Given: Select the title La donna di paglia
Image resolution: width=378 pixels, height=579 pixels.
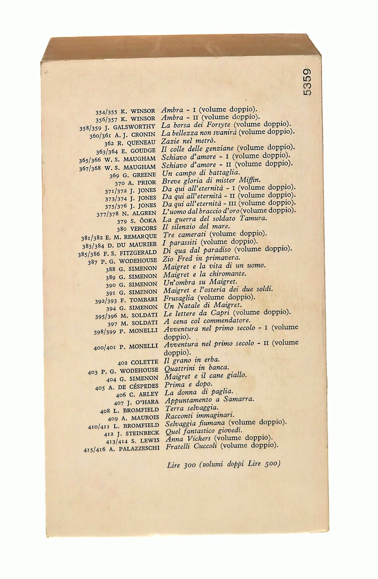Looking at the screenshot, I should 199,392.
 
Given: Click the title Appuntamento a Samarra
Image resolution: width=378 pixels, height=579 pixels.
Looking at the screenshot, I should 209,400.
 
